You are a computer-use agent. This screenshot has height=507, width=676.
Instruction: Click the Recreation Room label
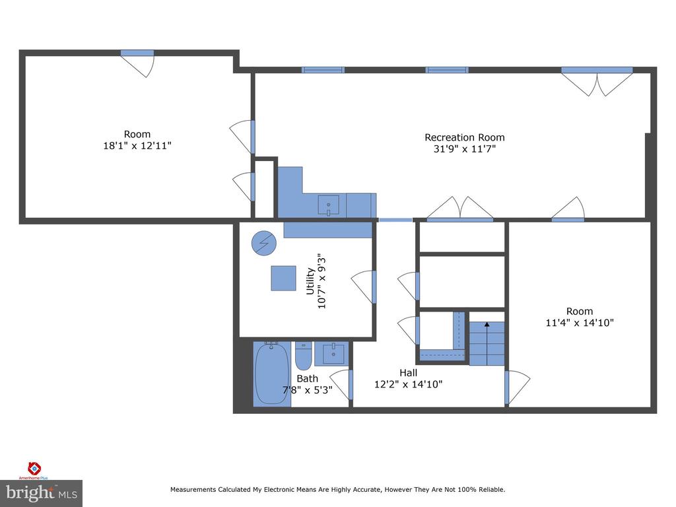pos(464,137)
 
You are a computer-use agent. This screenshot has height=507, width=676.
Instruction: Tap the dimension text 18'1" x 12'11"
pos(137,146)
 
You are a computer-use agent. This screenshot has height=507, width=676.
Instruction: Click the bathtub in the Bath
pos(271,374)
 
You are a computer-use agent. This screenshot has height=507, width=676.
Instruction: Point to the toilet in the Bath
pos(303,356)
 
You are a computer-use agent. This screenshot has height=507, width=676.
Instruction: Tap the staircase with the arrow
pos(487,343)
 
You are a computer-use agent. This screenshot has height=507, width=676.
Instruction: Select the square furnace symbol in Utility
pos(283,277)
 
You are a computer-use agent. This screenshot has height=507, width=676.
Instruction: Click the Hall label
pos(408,372)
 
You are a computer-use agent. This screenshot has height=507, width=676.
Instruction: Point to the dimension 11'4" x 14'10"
pos(580,323)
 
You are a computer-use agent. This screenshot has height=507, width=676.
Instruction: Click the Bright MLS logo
pos(41,492)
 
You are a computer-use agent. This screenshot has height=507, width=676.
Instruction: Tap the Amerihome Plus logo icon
pos(34,468)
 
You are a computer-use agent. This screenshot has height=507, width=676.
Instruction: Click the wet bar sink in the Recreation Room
pos(328,205)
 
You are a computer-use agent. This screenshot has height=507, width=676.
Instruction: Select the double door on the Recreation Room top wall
pos(597,81)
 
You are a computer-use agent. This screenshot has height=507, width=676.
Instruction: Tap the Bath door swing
pos(341,385)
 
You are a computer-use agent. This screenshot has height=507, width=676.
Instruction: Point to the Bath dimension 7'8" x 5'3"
pos(307,390)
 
